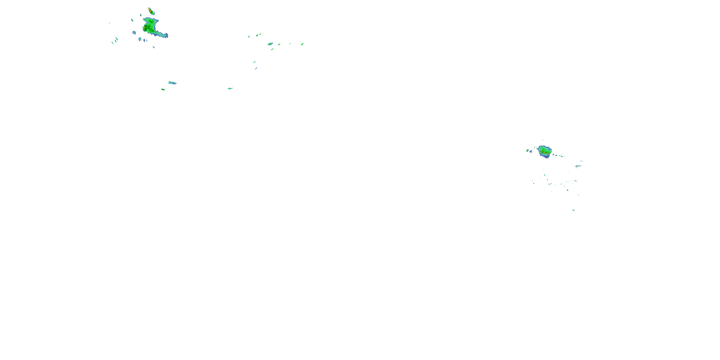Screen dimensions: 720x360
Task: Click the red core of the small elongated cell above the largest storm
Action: coord(150,10)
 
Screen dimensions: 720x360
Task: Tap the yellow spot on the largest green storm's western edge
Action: coord(144,27)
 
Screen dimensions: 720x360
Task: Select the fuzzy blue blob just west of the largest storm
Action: coord(134,33)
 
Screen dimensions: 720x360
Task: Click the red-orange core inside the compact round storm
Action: coord(542,151)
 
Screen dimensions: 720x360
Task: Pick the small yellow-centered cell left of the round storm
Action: coord(528,150)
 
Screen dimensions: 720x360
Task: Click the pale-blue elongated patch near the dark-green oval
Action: coord(172,83)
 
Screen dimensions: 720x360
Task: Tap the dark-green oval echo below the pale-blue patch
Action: coord(163,90)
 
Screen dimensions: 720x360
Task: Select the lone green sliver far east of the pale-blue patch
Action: coord(230,88)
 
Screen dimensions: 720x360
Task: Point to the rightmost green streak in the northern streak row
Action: coord(302,44)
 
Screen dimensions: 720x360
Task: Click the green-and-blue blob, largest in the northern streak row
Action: coord(270,44)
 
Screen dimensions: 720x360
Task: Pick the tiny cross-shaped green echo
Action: coord(249,36)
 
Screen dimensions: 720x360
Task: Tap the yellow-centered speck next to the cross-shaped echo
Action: coord(257,35)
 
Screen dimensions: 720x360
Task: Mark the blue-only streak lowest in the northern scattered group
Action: coord(256,68)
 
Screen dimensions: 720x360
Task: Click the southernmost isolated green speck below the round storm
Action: coord(574,210)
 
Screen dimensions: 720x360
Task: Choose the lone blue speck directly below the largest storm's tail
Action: coord(153,47)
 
